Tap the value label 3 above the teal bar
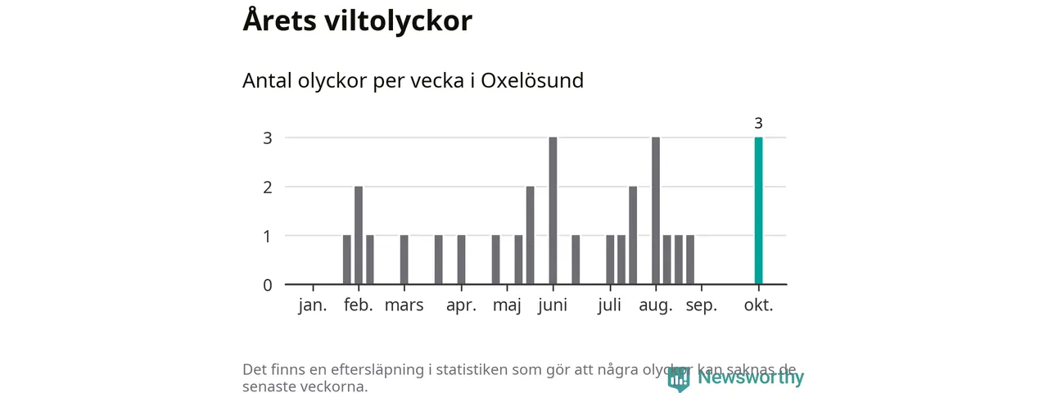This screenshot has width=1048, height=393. click(758, 124)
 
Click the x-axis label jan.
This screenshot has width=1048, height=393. click(313, 306)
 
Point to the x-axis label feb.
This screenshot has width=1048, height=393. click(359, 306)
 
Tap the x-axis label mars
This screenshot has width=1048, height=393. click(404, 306)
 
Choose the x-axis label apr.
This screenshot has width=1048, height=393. click(462, 306)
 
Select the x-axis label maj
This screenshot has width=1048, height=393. click(508, 306)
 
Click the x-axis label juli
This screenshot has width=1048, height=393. click(610, 306)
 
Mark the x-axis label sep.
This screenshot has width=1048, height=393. click(702, 306)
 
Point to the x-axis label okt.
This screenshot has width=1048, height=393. click(758, 306)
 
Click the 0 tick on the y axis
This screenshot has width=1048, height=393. click(267, 285)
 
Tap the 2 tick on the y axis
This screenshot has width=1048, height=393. click(267, 187)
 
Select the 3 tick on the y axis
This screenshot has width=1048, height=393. click(267, 138)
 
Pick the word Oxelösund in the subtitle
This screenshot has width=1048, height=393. click(532, 81)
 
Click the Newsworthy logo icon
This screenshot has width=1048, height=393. click(679, 378)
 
